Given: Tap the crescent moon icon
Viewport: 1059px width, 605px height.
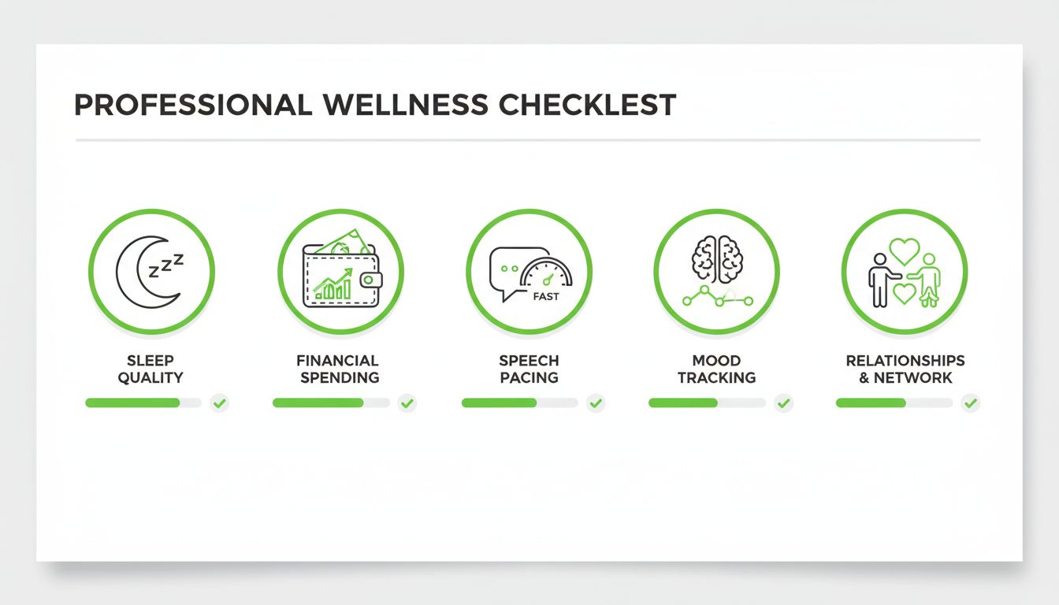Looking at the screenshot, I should [x=138, y=273].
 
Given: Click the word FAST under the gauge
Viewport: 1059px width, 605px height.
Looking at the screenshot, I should [x=545, y=297].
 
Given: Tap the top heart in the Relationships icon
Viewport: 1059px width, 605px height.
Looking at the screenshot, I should [x=904, y=251].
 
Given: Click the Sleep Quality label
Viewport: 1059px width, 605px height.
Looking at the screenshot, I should [x=150, y=369].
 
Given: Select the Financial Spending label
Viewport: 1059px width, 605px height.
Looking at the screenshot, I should [x=339, y=369].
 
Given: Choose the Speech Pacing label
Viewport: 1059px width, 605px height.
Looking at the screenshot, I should [x=529, y=369].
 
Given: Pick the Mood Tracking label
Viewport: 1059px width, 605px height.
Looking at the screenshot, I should [x=716, y=369].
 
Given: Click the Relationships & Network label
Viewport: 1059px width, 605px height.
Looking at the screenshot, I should [x=905, y=369].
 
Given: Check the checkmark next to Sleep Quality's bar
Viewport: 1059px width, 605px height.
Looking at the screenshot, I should [x=220, y=403].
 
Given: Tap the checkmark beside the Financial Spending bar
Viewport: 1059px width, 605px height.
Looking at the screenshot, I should [x=407, y=403].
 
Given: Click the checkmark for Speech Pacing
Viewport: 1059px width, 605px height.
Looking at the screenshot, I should [x=596, y=403].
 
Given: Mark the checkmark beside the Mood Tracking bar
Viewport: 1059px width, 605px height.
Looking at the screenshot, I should [x=783, y=403].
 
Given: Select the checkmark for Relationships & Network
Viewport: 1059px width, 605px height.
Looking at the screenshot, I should [x=971, y=403].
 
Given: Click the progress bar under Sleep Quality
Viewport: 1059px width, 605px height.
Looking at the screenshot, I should [x=143, y=403].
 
